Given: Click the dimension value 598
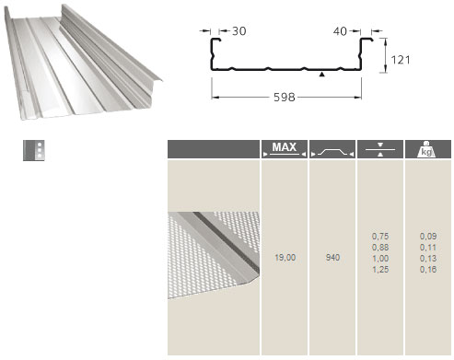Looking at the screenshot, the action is [x=285, y=98].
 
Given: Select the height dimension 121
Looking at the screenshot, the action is [x=401, y=60].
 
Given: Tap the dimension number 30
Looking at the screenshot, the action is [x=239, y=31].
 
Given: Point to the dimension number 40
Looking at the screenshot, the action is [x=340, y=31].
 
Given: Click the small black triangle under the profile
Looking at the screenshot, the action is [x=321, y=74].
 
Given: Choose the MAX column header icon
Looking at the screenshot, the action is [x=285, y=149].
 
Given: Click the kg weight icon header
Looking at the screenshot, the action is [x=426, y=149].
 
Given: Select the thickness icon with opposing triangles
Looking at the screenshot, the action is [x=380, y=149].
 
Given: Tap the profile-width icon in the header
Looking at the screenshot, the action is [x=332, y=152].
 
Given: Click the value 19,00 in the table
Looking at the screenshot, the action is [x=285, y=257].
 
